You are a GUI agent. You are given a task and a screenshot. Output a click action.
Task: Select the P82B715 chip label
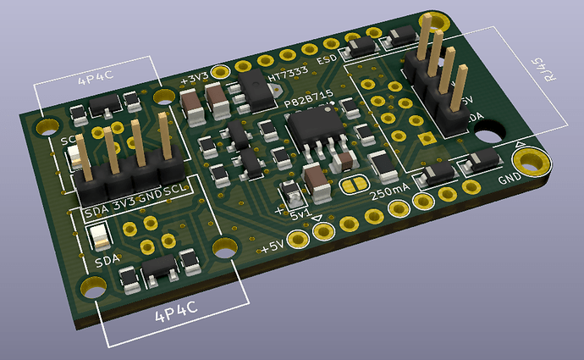[x=309, y=102]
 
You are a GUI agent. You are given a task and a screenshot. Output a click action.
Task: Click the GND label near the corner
[x=510, y=180]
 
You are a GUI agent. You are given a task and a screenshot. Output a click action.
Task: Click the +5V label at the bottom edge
[x=273, y=247]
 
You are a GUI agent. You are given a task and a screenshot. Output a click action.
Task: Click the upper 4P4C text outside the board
[x=95, y=81]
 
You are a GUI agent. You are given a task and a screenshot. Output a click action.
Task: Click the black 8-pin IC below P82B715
[x=312, y=131]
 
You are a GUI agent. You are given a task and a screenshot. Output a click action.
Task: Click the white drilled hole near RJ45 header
[x=488, y=133]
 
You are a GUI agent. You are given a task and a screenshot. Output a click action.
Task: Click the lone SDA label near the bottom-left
[x=107, y=260]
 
